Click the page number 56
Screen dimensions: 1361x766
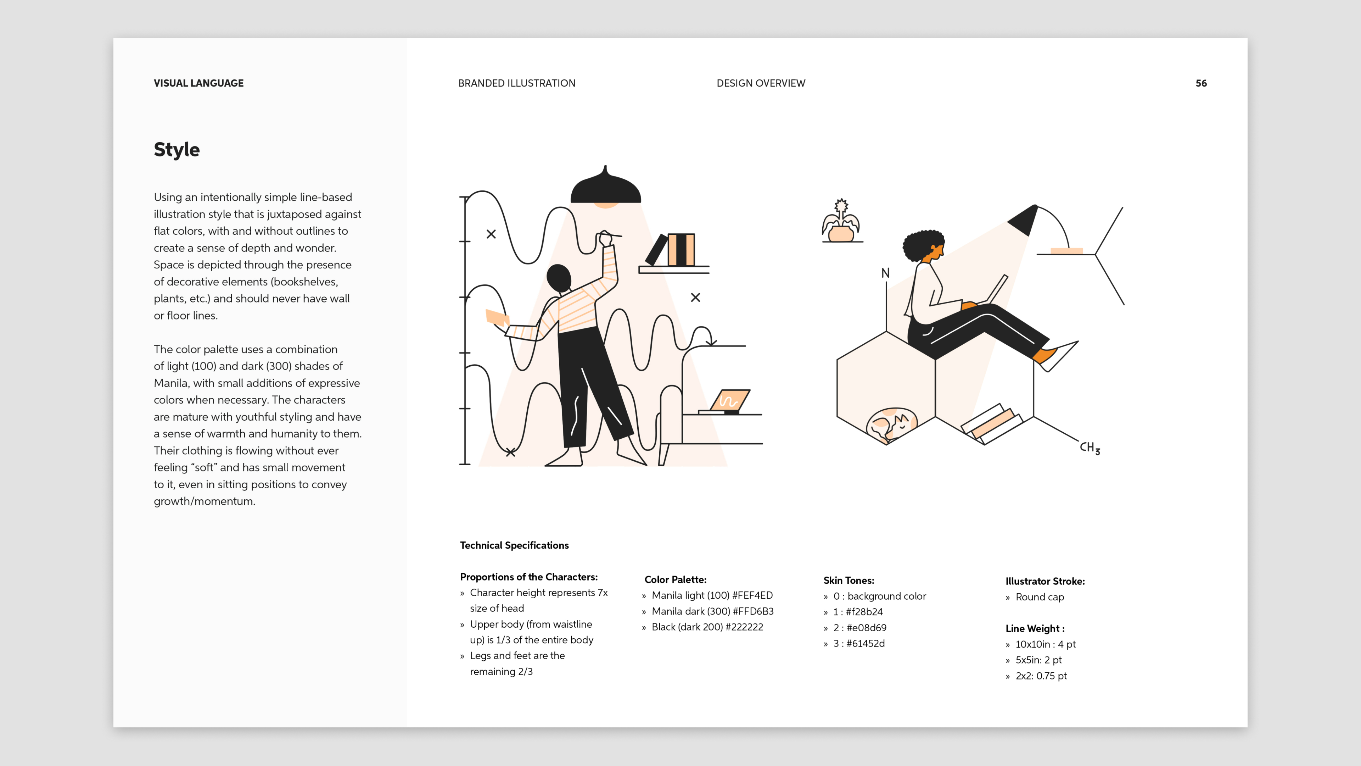[x=1201, y=83]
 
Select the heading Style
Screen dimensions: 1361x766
[x=177, y=150]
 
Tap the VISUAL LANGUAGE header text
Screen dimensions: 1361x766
[x=198, y=83]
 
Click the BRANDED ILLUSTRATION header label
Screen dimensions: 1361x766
[x=517, y=83]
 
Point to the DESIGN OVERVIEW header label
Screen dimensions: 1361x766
[x=761, y=83]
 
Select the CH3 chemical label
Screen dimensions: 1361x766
[x=1090, y=448]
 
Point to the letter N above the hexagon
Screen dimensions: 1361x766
[x=885, y=273]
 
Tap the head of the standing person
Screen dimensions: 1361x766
[x=559, y=278]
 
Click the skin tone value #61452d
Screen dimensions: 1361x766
[x=866, y=643]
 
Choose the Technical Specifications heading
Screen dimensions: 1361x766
[x=514, y=545]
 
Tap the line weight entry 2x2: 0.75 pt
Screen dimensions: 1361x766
[x=1041, y=676]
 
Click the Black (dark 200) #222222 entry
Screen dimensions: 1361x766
[x=707, y=627]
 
